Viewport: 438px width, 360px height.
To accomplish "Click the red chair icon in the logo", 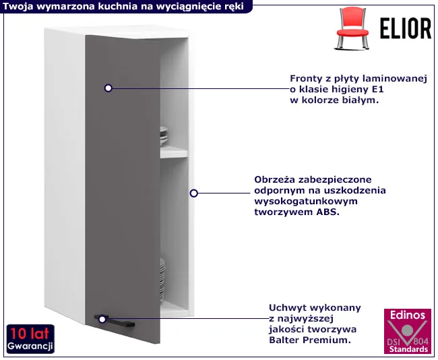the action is point(352,28).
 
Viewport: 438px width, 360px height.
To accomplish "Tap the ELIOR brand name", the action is point(406,28).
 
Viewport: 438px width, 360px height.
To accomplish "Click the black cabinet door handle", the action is point(115,321).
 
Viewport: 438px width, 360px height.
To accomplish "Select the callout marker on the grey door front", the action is point(108,88).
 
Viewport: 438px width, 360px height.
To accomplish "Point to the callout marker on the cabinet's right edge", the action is point(194,193).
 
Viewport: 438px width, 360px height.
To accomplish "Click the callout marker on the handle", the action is point(102,319).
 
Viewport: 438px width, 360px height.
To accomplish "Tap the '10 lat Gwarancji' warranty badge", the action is point(30,339).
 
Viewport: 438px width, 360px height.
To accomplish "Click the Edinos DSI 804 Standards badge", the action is point(408,331).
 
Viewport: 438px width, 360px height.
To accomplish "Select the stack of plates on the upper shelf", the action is point(164,136).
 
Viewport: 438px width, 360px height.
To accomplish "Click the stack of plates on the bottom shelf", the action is point(162,280).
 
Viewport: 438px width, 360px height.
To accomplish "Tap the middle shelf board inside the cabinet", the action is point(174,152).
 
